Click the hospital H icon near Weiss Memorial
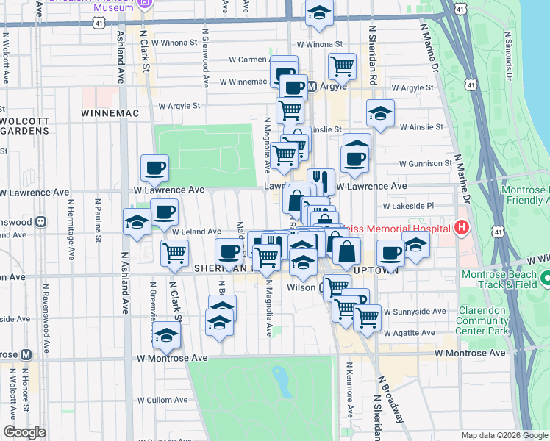point(462,228)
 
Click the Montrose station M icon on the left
point(26,354)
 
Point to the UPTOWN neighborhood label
point(375,270)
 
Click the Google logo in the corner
point(24,432)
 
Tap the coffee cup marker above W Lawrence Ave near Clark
point(154,168)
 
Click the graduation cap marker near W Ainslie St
point(380,113)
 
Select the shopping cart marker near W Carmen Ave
point(342,66)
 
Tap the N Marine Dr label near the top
point(429,48)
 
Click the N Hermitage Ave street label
point(71,230)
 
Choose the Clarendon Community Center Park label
point(483,320)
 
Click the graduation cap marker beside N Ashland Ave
point(137,222)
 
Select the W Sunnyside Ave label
point(415,311)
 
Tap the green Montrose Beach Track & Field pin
point(545,280)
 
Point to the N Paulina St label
point(98,218)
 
